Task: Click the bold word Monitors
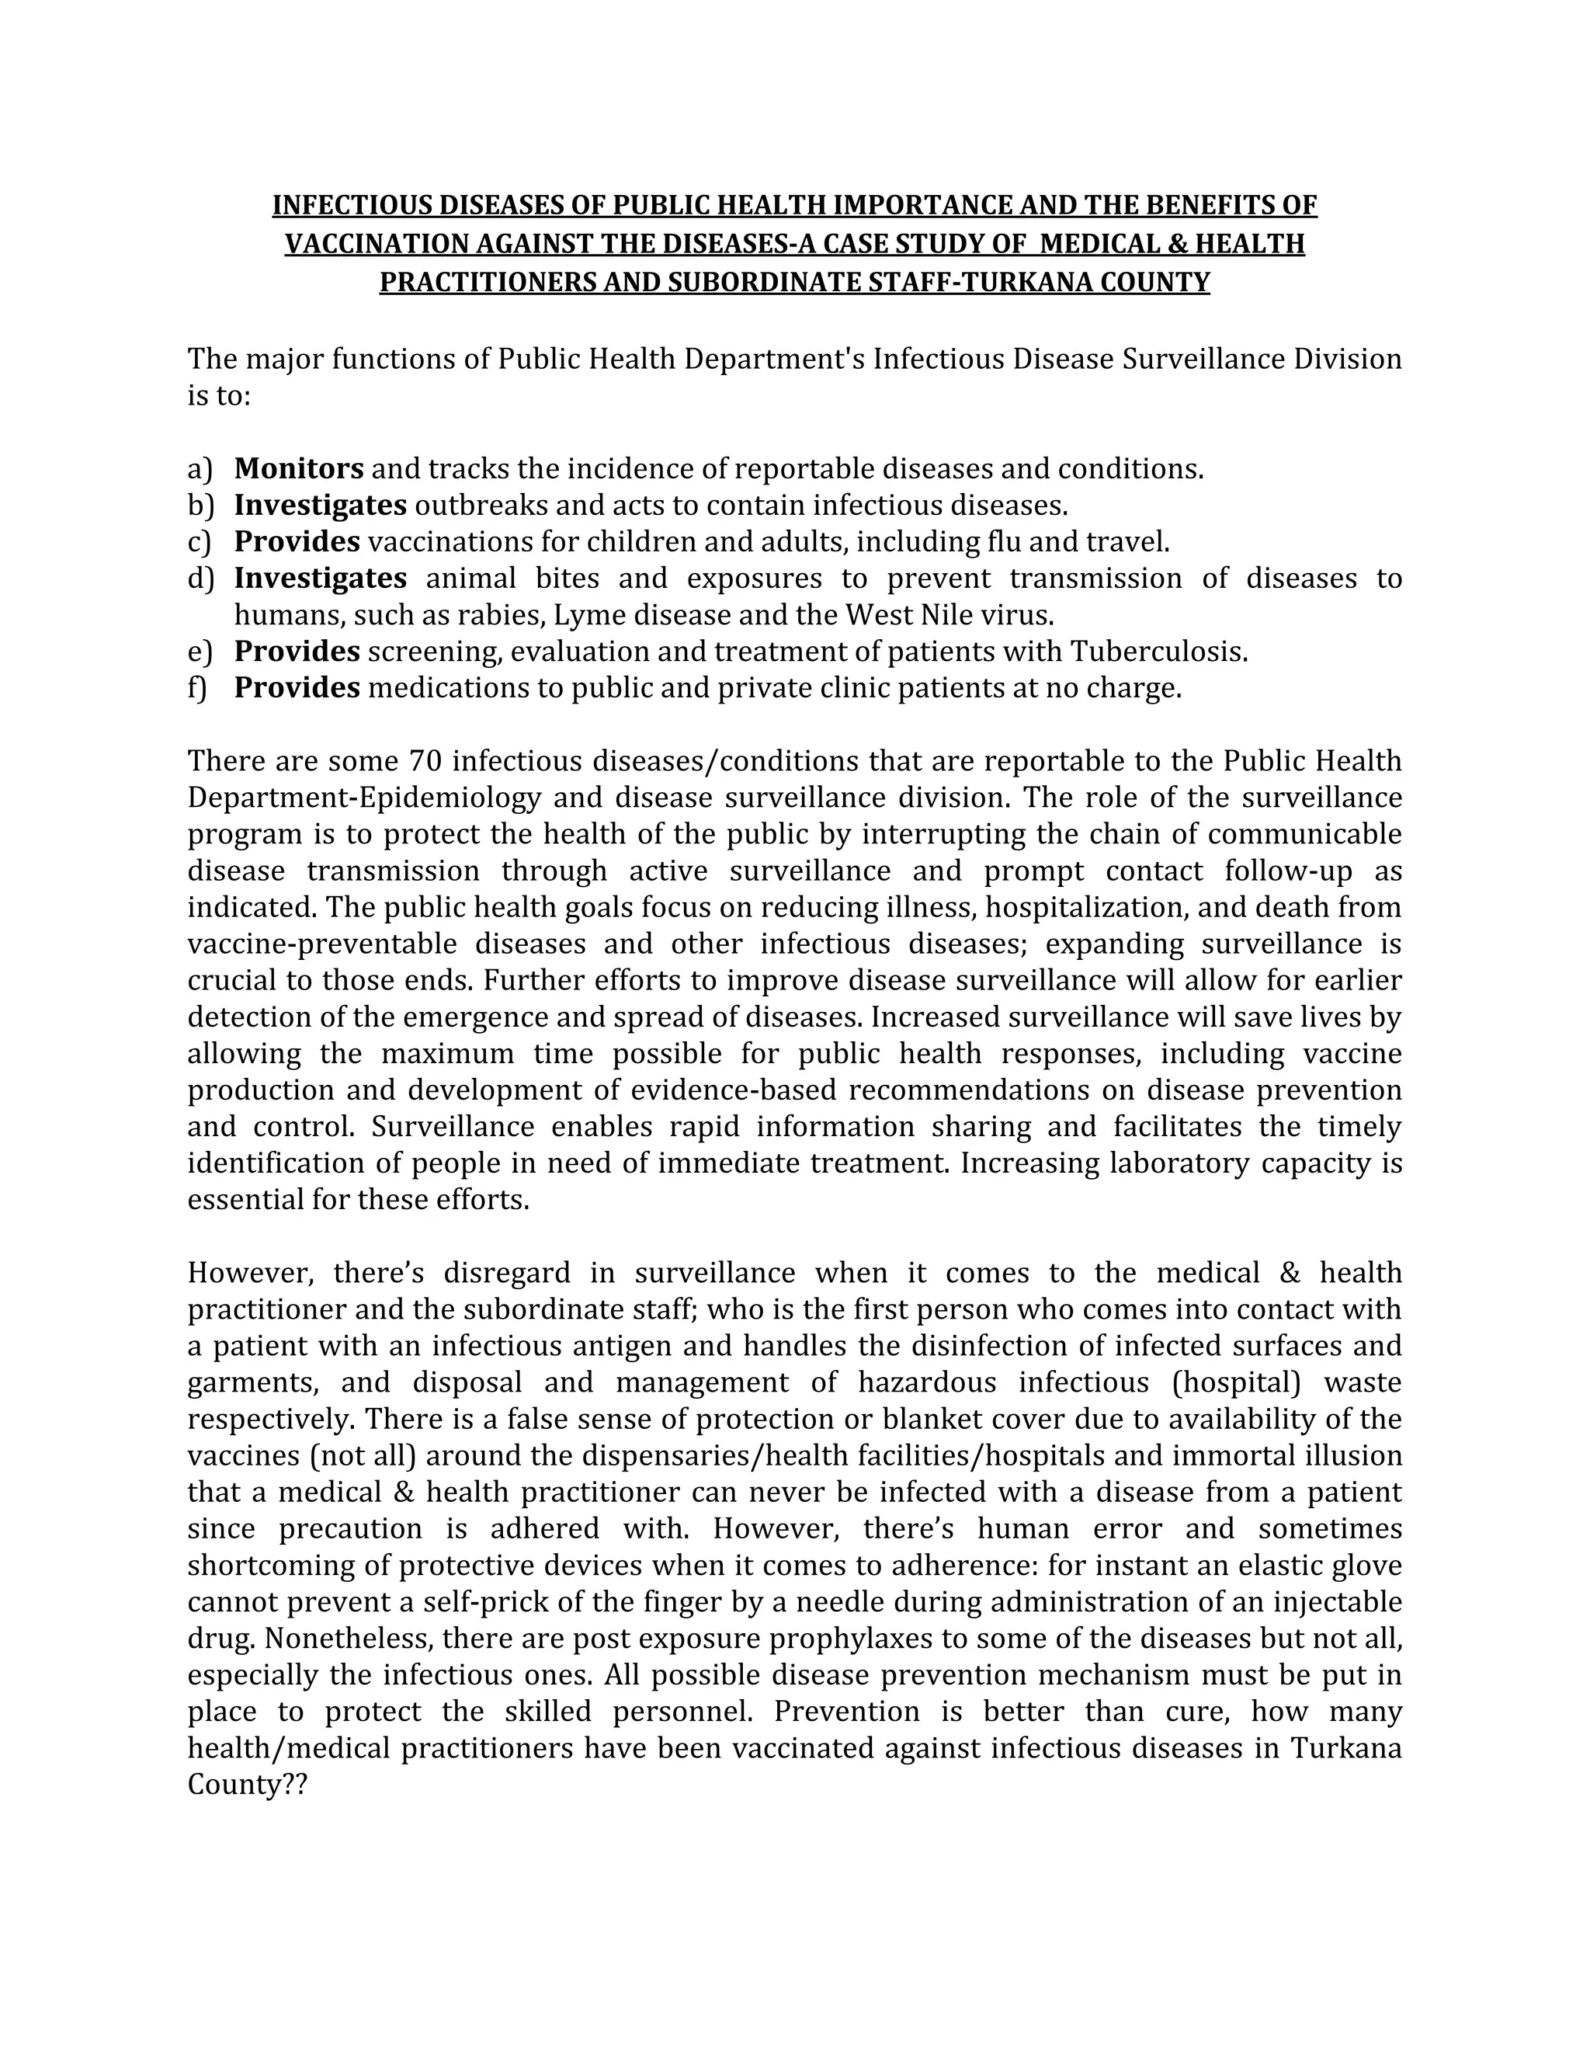click(299, 468)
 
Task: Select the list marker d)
click(200, 579)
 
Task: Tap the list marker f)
click(197, 688)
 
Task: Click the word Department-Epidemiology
click(363, 798)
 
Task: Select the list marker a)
click(200, 468)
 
